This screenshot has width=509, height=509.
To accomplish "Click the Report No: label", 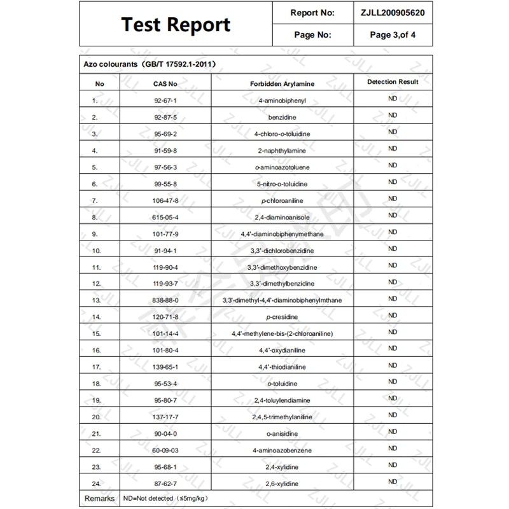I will [x=312, y=12].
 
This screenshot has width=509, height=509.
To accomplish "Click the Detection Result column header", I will [x=393, y=82].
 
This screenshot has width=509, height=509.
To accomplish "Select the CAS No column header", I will [x=165, y=83].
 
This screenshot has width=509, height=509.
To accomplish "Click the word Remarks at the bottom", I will [x=99, y=499].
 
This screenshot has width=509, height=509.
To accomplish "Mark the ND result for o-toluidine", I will [x=393, y=382].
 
